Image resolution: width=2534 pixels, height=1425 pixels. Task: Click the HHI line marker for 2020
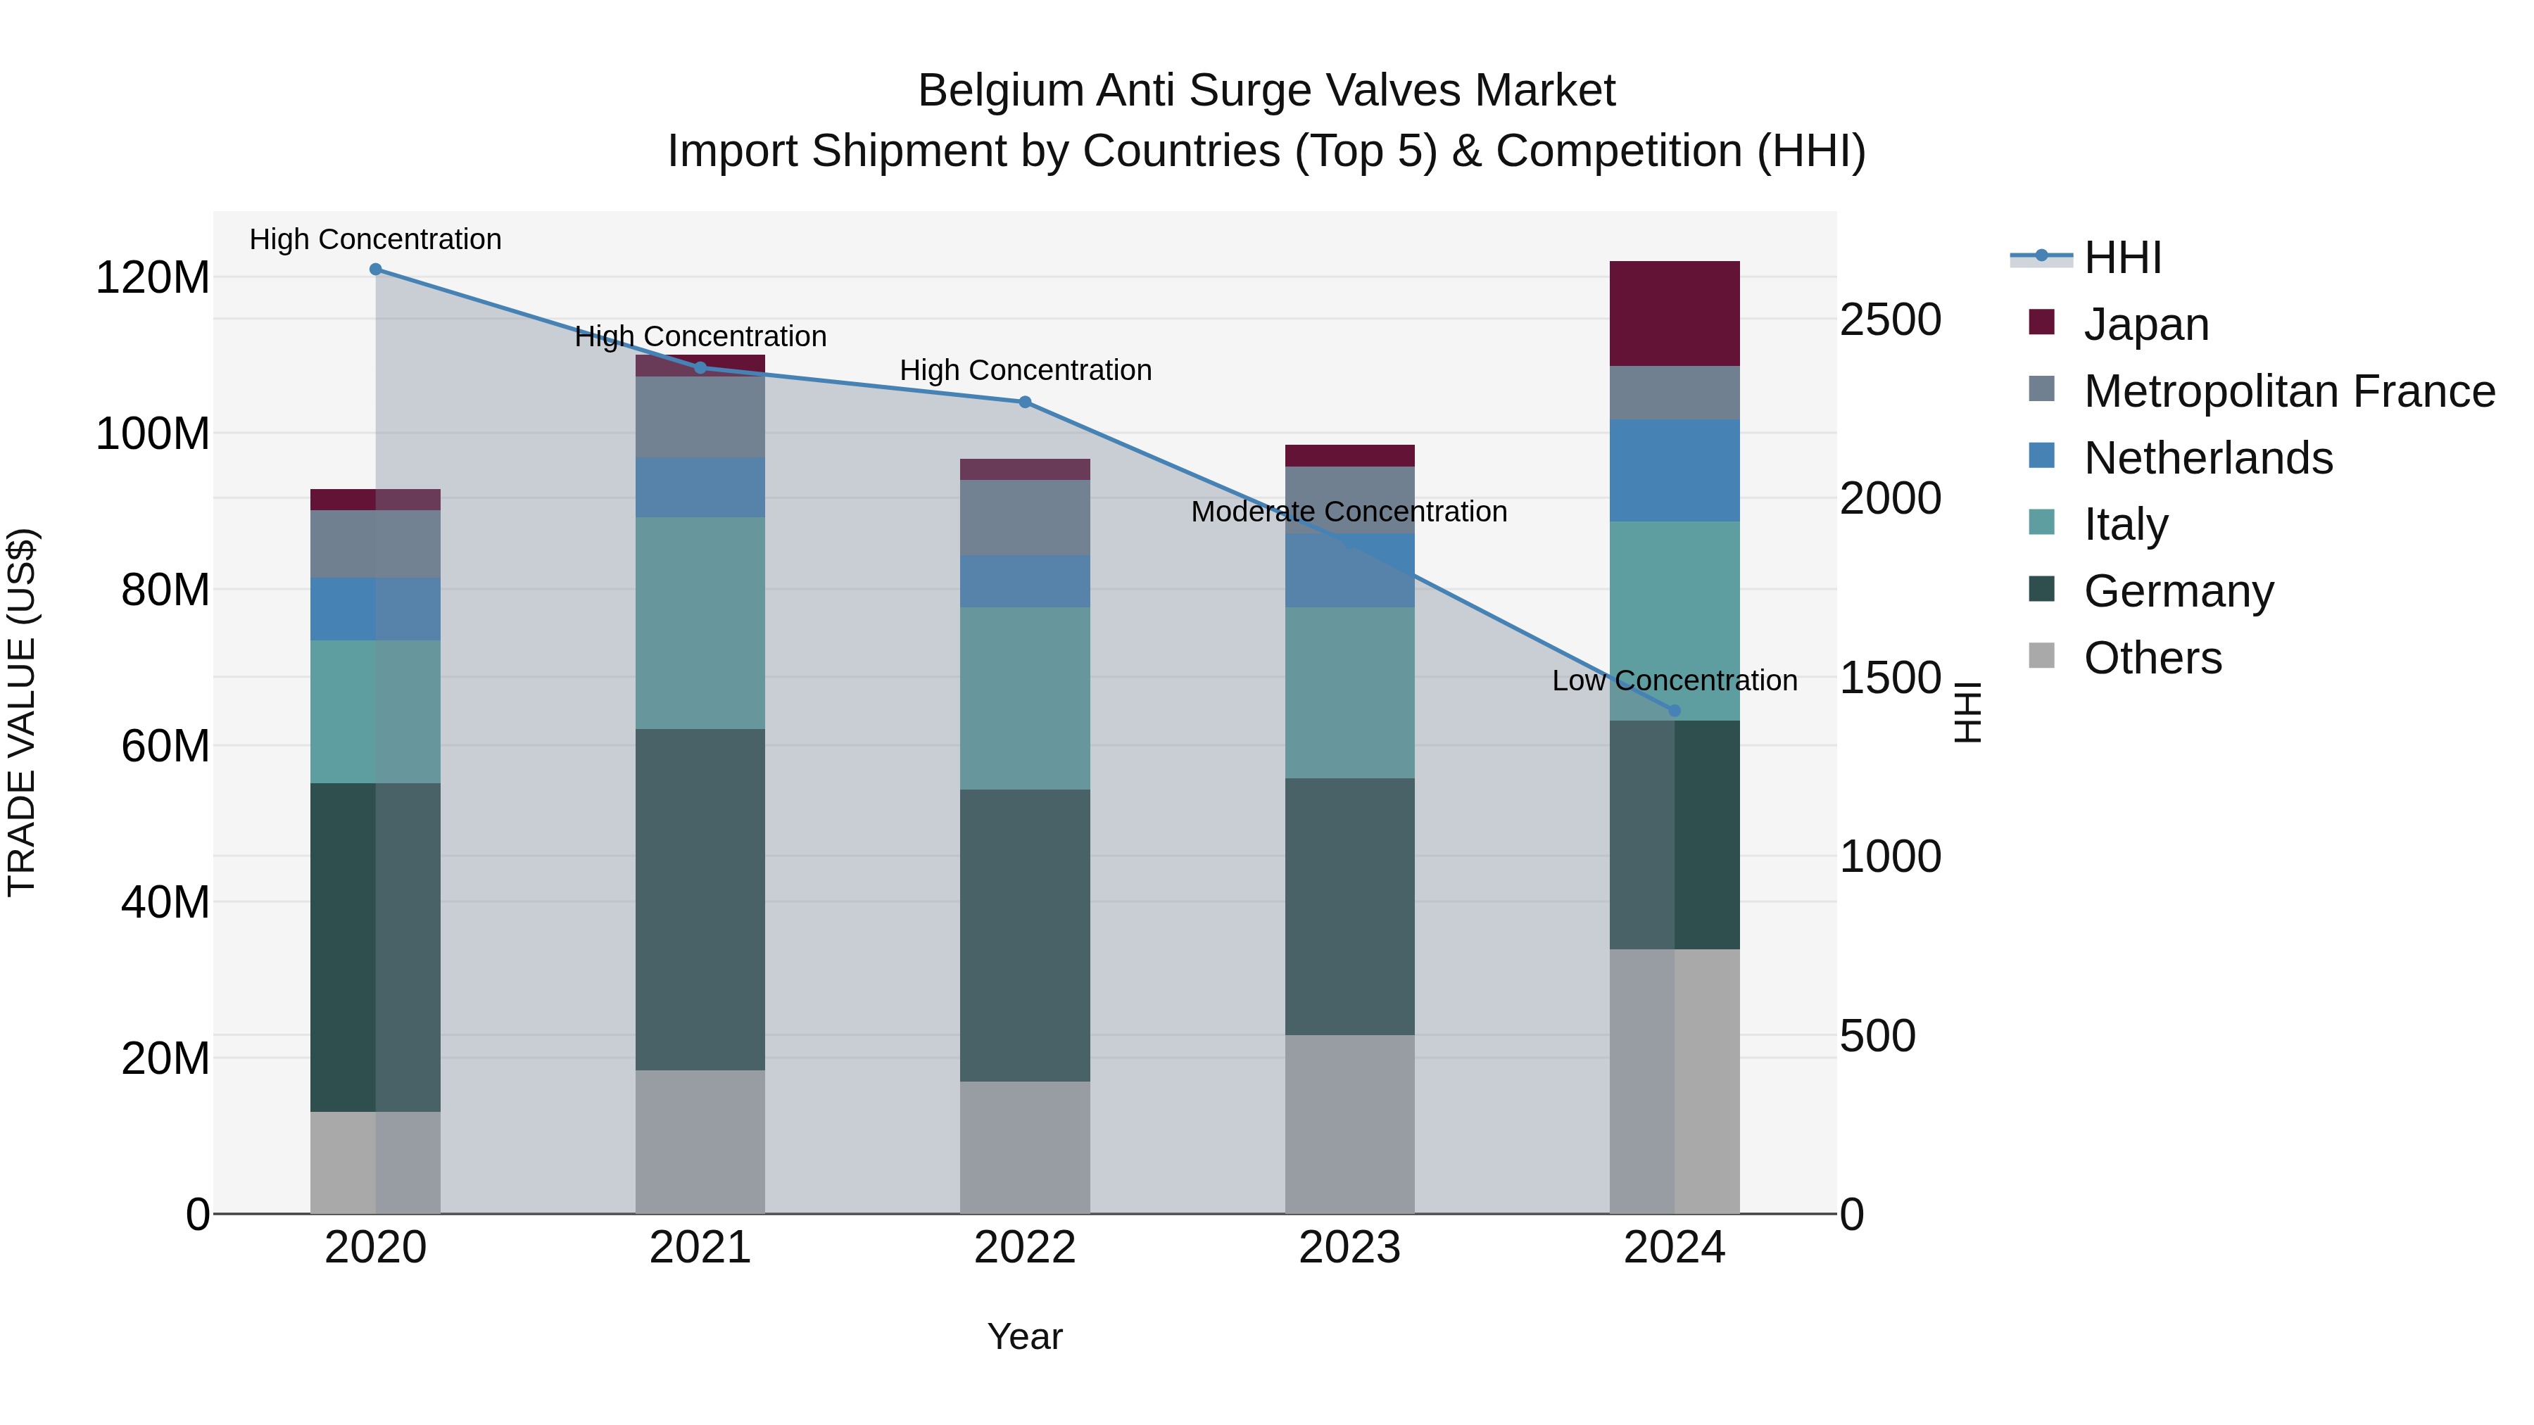[x=376, y=270]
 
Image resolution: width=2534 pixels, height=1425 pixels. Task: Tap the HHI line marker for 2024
[x=1675, y=710]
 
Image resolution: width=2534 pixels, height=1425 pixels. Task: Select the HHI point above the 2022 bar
[x=1025, y=403]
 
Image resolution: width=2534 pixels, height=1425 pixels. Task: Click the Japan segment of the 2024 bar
[x=1675, y=314]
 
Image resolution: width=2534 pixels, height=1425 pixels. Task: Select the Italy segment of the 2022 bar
[x=1025, y=698]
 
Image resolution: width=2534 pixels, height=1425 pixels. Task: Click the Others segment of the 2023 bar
[x=1349, y=1123]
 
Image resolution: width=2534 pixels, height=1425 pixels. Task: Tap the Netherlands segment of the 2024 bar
[x=1675, y=470]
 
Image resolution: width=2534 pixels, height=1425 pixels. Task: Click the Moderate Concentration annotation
[x=1349, y=512]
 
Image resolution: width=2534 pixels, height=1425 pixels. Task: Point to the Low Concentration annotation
[x=1675, y=680]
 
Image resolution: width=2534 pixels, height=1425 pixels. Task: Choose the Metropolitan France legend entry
[x=2289, y=391]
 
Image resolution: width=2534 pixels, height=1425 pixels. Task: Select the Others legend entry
[x=2152, y=658]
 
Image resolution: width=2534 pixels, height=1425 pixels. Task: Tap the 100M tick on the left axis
[x=153, y=433]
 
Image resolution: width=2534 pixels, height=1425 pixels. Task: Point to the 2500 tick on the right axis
[x=1890, y=319]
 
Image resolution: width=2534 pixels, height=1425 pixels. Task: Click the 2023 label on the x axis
[x=1349, y=1248]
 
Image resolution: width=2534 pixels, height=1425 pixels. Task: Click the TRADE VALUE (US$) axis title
[x=23, y=712]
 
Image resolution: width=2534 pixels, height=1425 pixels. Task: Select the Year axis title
[x=1025, y=1336]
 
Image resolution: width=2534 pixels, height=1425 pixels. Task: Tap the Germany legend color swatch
[x=2041, y=590]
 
